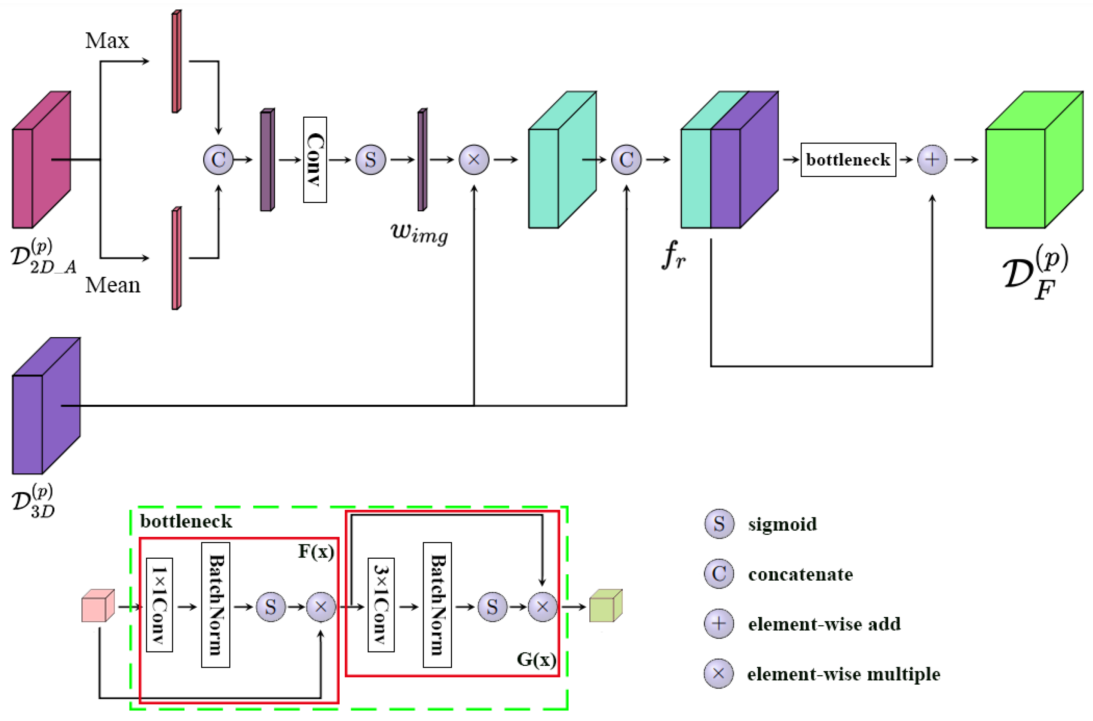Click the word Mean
tap(112, 285)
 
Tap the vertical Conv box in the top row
tap(315, 160)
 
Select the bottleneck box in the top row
tap(848, 160)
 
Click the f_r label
tap(673, 256)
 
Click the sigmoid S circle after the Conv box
tap(371, 160)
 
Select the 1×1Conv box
tap(159, 604)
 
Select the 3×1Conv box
tap(381, 604)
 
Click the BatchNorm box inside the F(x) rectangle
tap(215, 604)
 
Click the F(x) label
tap(316, 551)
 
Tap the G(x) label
tap(536, 659)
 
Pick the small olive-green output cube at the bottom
tap(605, 606)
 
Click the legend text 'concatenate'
tap(800, 574)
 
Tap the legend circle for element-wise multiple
tap(718, 674)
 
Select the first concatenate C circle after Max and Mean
tap(218, 160)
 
